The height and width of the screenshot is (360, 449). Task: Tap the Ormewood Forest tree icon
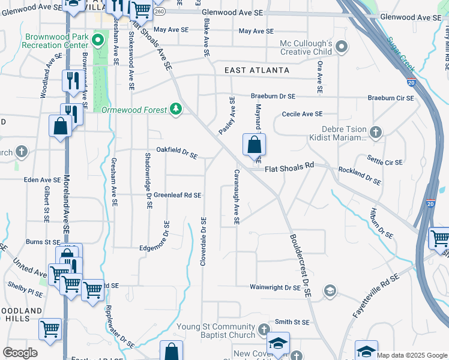point(175,109)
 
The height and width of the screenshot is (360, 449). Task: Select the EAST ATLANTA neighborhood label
point(257,70)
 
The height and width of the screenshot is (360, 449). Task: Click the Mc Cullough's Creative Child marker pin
point(342,46)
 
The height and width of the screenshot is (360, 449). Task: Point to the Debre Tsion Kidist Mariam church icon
point(376,132)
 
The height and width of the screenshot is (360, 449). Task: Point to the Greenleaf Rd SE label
point(177,195)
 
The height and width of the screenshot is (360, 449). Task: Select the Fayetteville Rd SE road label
point(376,296)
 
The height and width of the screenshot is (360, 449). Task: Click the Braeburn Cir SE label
point(390,98)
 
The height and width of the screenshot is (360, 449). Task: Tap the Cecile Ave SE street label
point(303,114)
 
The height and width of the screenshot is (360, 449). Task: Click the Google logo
point(20,353)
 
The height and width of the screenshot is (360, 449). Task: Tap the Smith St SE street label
point(292,322)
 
